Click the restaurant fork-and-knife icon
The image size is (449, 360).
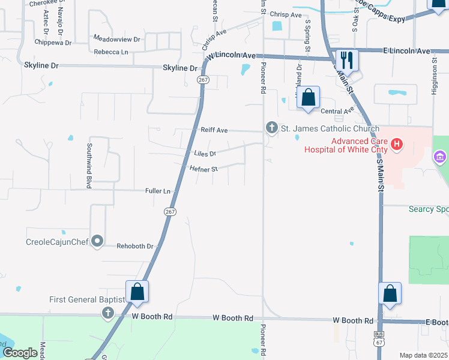[346, 60]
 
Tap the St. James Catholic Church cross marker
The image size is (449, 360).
[271, 127]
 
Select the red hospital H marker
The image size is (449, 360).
[396, 144]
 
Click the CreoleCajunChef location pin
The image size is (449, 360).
[97, 242]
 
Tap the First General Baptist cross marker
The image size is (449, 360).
[107, 312]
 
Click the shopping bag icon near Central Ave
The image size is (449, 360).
[308, 97]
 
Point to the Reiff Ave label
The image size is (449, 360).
[214, 130]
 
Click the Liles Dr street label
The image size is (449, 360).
[205, 153]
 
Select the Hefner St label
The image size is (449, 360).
[203, 169]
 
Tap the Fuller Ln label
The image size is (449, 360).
[158, 191]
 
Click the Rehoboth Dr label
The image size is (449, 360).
[135, 246]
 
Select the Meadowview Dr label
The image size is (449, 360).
[116, 39]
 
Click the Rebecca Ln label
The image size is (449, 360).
[111, 52]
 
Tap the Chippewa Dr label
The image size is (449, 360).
[53, 43]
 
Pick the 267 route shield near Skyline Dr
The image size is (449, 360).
[203, 80]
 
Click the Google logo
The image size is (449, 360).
[20, 353]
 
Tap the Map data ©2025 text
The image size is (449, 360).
[423, 355]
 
